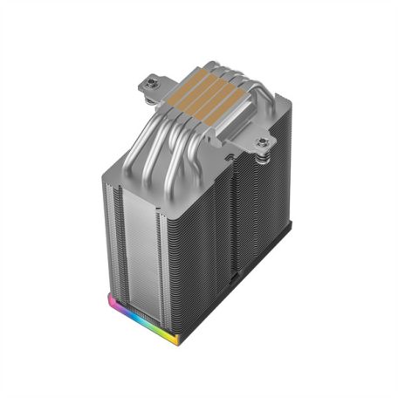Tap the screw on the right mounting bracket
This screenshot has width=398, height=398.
[x=263, y=140]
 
